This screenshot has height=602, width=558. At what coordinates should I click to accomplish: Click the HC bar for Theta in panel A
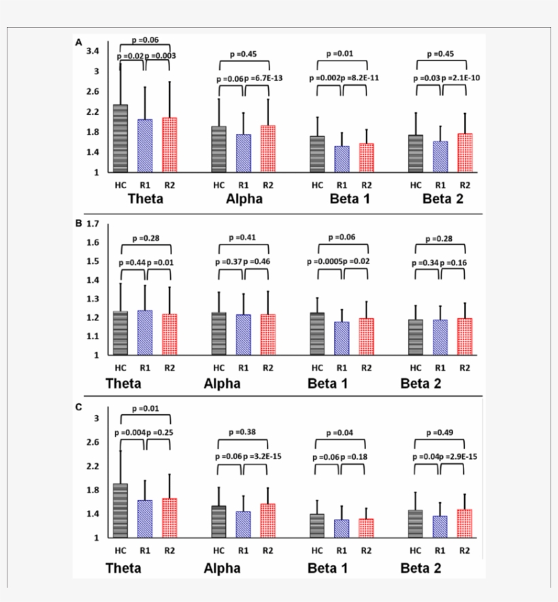[x=120, y=139]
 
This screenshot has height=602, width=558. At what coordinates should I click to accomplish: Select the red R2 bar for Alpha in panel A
[x=267, y=149]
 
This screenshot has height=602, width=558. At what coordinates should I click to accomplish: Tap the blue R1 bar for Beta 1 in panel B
[x=342, y=338]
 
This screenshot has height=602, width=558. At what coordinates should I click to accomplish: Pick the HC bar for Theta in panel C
[x=120, y=511]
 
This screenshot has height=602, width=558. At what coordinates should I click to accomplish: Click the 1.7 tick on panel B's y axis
[x=93, y=224]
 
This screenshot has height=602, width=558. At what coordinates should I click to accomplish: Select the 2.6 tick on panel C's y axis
[x=93, y=442]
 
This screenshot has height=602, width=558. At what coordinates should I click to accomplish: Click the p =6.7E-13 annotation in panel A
[x=263, y=79]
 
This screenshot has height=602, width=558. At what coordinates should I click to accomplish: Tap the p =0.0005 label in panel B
[x=324, y=262]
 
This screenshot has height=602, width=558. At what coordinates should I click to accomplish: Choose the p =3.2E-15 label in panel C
[x=263, y=456]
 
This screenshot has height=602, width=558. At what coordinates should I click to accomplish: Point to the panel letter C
[x=79, y=407]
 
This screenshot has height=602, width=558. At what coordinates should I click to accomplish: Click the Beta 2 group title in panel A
[x=442, y=199]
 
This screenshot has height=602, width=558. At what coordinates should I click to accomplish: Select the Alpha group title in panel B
[x=222, y=384]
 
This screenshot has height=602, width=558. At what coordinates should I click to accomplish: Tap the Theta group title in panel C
[x=123, y=567]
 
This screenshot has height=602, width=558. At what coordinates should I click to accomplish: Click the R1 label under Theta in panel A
[x=144, y=184]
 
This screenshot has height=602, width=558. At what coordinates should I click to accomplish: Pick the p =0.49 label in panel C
[x=439, y=432]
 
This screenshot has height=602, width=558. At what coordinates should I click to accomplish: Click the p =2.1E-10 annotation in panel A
[x=461, y=79]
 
